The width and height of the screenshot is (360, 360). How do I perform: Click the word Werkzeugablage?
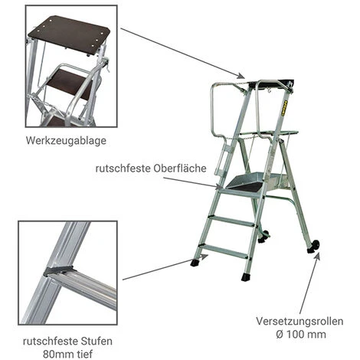[66, 141]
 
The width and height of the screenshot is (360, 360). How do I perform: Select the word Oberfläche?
[180, 169]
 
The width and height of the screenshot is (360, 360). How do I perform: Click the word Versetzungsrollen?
[299, 321]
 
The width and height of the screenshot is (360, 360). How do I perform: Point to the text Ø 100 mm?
[301, 334]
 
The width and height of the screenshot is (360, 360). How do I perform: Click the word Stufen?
[97, 341]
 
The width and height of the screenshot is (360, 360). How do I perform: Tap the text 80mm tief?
[67, 354]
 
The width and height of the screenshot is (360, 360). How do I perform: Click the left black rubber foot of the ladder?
[196, 263]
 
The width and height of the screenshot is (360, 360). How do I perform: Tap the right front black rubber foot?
[247, 277]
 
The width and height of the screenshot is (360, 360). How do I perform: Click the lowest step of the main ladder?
[224, 250]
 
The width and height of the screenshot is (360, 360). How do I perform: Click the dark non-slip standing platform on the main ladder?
[247, 186]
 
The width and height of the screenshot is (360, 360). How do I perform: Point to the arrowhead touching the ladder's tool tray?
[241, 76]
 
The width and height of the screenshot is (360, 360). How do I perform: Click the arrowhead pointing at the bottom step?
[204, 257]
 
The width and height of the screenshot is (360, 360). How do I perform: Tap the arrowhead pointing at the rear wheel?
[318, 257]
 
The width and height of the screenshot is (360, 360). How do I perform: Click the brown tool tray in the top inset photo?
[69, 34]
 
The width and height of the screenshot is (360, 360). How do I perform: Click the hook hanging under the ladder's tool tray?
[268, 89]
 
